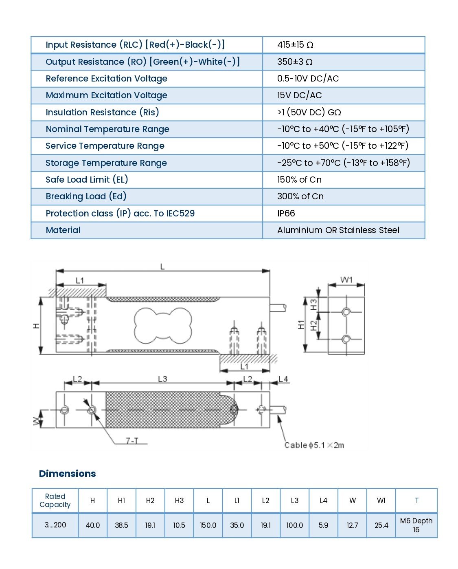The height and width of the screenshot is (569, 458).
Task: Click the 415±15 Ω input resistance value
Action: [295, 45]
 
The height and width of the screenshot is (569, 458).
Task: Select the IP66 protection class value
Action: [286, 213]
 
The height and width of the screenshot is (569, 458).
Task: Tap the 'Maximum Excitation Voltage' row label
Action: [106, 95]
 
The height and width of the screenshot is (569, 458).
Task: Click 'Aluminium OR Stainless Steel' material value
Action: [338, 230]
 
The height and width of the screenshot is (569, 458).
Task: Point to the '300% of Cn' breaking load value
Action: [300, 196]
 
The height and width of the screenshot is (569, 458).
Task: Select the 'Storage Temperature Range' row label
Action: [106, 163]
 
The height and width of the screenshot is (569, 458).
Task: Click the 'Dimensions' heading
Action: [68, 474]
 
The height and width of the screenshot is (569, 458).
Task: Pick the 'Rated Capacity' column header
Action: [55, 501]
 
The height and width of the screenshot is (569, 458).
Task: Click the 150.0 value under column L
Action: [208, 525]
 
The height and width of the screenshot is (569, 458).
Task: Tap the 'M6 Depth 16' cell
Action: [416, 525]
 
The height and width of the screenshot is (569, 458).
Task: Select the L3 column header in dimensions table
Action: [294, 501]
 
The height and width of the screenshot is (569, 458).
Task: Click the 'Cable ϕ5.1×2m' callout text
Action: [314, 445]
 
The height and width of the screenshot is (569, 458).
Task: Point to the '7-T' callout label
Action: [132, 441]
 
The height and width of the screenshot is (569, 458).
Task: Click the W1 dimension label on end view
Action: [346, 280]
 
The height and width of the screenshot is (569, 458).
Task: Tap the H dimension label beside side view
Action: [36, 326]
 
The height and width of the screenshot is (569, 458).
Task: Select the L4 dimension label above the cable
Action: [283, 379]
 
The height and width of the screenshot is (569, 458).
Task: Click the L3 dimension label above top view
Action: [162, 379]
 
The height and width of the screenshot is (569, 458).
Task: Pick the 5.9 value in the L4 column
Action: [323, 525]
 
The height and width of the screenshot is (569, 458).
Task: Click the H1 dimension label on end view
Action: [301, 325]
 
